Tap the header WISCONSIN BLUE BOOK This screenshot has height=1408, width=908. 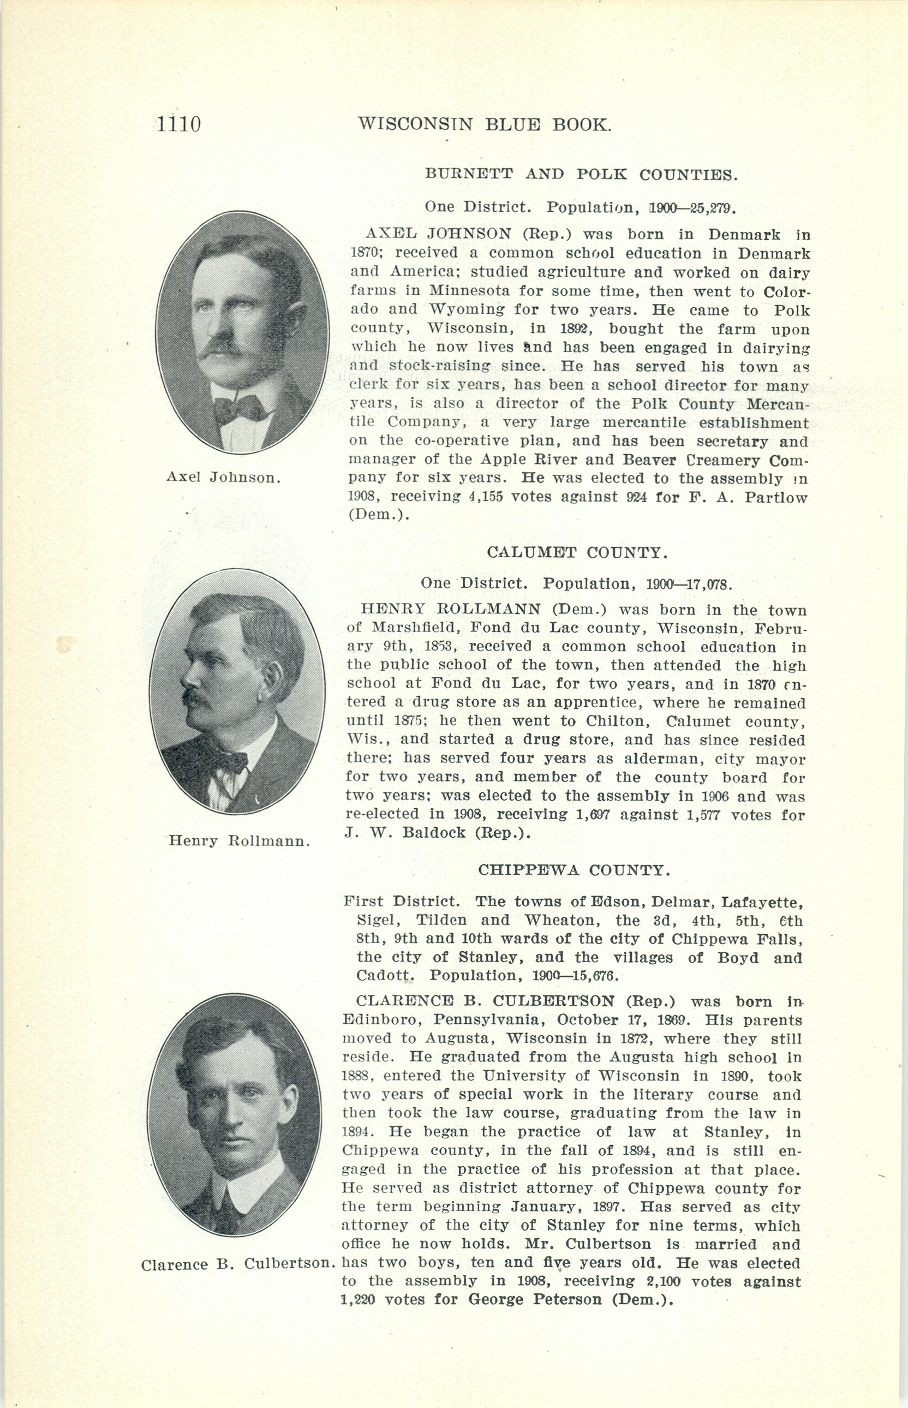(484, 124)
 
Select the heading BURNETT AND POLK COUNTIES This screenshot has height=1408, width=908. (580, 175)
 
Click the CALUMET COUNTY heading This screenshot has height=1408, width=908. (577, 552)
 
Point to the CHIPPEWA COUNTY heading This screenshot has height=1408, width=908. (574, 870)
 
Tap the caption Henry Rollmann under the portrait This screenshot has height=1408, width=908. (240, 841)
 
